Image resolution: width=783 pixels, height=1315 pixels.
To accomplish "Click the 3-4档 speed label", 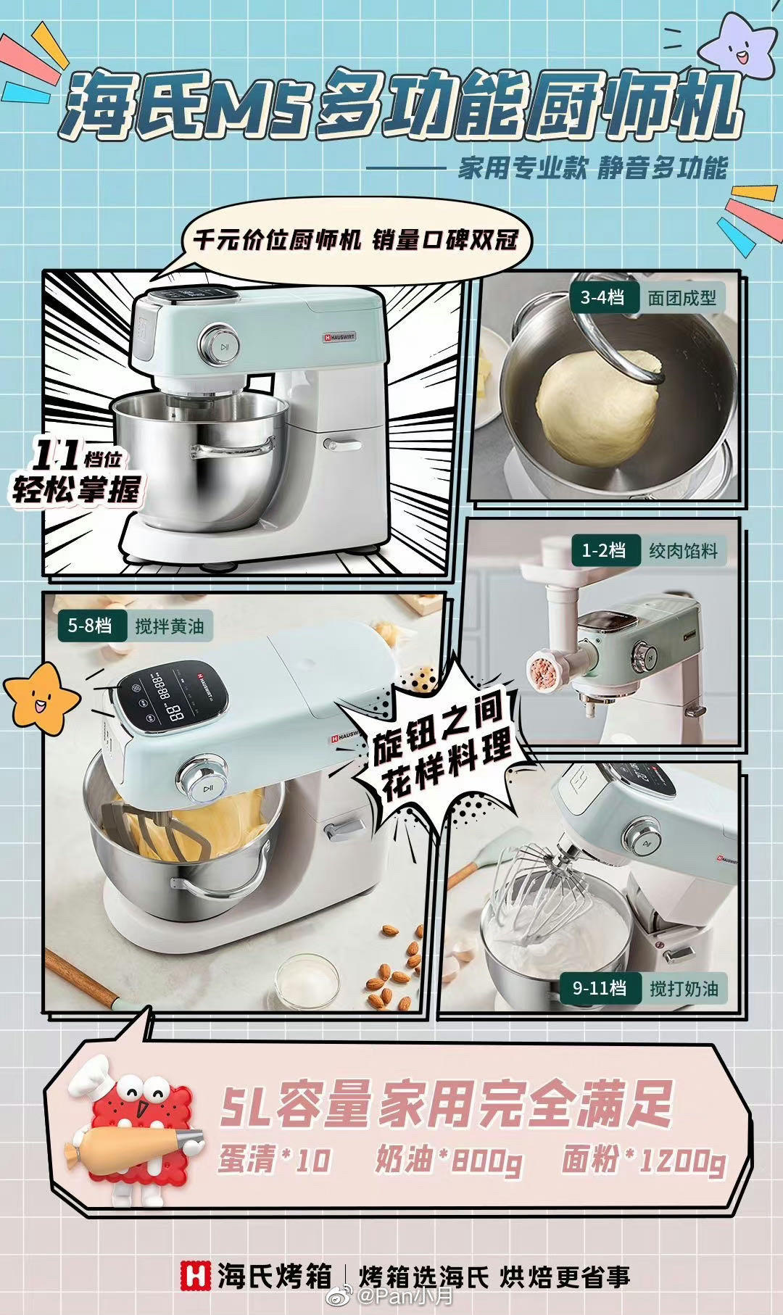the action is click(602, 297).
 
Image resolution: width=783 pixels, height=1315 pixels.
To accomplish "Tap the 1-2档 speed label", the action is click(603, 550).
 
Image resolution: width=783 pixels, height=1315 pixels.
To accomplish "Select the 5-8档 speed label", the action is click(90, 625).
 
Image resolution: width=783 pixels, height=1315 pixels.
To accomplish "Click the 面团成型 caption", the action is click(681, 298).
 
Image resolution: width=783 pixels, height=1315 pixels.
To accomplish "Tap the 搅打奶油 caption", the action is click(684, 988).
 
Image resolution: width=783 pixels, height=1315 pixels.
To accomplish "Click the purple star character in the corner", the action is click(737, 45).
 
